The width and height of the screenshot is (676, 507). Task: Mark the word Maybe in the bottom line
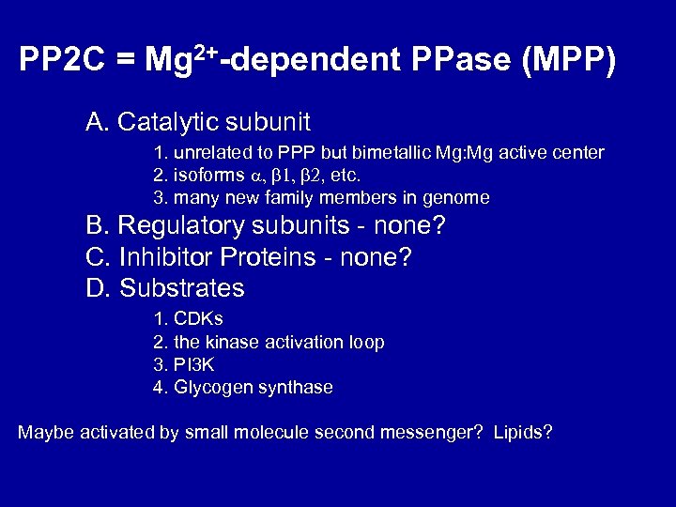(44, 432)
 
